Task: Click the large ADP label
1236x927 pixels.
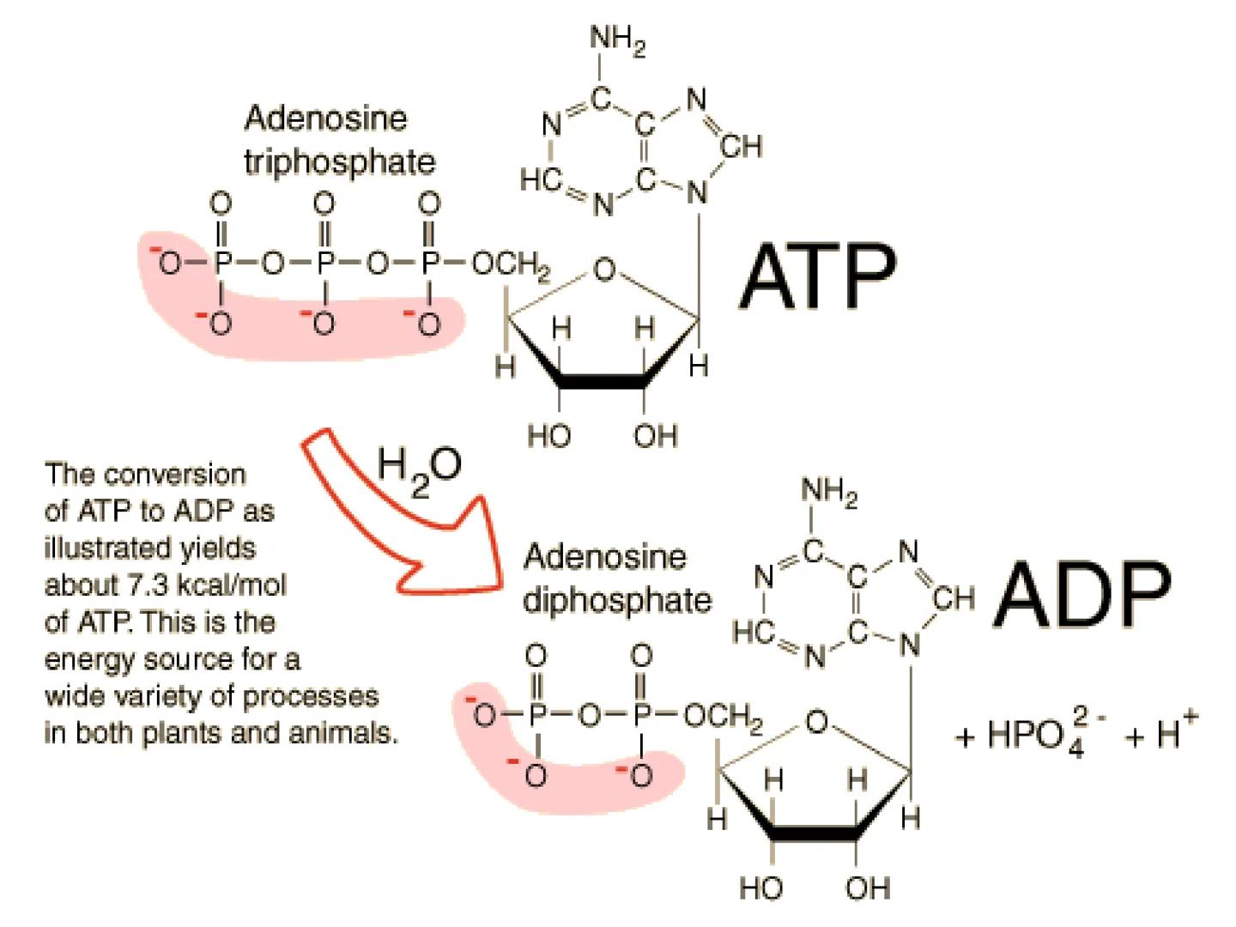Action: point(1083,594)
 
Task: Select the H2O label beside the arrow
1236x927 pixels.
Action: point(419,469)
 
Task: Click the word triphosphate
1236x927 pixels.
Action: point(339,161)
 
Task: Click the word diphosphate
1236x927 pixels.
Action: point(617,599)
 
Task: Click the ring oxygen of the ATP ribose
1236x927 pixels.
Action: point(604,270)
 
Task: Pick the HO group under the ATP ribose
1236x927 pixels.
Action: point(548,436)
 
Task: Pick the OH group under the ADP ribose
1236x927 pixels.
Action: point(868,888)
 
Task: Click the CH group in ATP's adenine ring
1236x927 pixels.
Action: point(741,147)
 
